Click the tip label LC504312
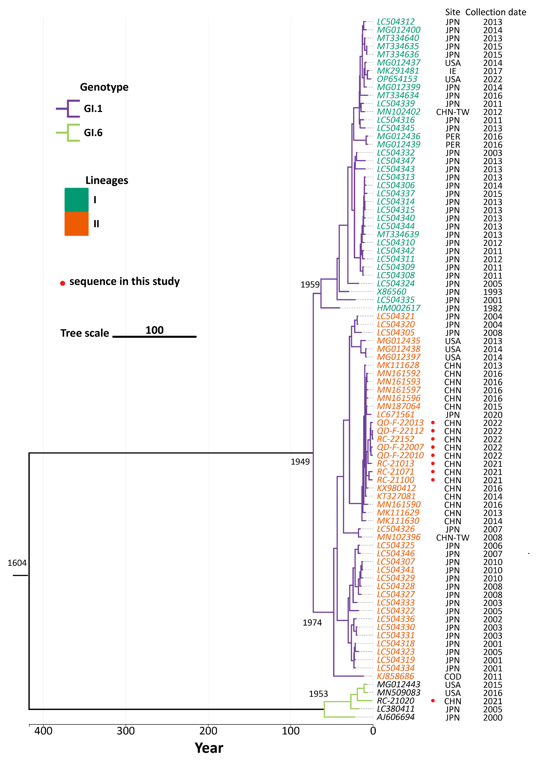point(396,22)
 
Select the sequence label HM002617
point(398,308)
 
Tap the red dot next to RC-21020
point(433,701)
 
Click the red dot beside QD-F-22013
point(433,423)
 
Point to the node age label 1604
point(17,563)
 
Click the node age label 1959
point(310,285)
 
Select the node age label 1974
point(312,623)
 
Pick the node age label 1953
point(318,694)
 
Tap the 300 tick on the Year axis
point(126,731)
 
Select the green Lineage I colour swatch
point(76,200)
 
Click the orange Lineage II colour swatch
point(76,224)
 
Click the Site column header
point(452,12)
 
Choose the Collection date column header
point(496,12)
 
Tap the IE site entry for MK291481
point(453,71)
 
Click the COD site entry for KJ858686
point(453,677)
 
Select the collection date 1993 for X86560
point(493,292)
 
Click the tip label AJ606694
point(396,717)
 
